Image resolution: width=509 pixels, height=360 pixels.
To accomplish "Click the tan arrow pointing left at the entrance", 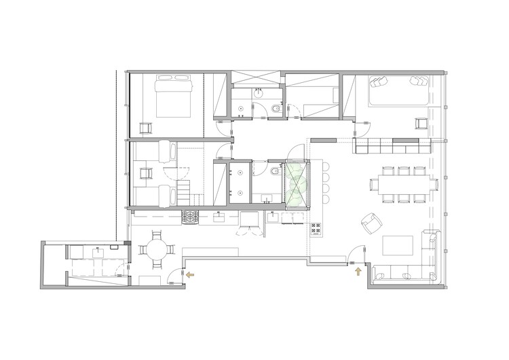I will click(x=190, y=274).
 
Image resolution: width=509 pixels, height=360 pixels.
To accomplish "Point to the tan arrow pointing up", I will click(x=358, y=273).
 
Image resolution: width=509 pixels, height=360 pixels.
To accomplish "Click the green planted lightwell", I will click(x=297, y=183).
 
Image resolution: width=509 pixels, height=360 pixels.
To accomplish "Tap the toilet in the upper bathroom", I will click(x=275, y=110).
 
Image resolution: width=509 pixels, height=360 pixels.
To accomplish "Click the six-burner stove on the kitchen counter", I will click(x=189, y=217).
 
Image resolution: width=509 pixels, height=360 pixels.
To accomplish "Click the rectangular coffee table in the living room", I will click(x=399, y=245).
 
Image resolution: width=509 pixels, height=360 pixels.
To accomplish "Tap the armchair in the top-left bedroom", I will click(x=146, y=127).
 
